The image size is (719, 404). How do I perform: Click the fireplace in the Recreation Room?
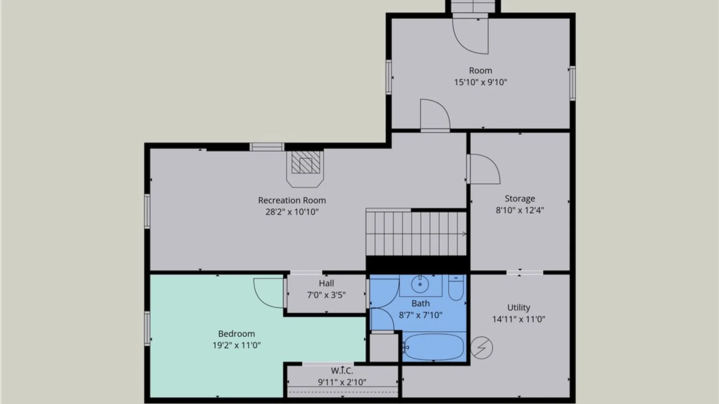tap(305, 168)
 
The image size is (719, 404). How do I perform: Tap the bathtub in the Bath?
tap(434, 347)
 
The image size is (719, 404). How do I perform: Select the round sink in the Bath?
tap(420, 285)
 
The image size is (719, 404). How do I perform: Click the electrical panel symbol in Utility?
tap(482, 348)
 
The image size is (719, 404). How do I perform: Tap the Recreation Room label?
tap(292, 201)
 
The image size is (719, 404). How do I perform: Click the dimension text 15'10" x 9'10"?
tap(480, 82)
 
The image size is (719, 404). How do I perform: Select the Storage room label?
tap(520, 199)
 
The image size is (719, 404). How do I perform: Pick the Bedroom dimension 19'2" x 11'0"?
tap(237, 345)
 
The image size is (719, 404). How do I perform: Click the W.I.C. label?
tap(342, 371)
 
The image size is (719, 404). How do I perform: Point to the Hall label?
tap(327, 283)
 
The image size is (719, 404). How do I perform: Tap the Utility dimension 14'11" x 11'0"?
tap(519, 319)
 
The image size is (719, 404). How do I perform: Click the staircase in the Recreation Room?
tap(416, 234)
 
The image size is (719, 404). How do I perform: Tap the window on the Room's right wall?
tap(573, 83)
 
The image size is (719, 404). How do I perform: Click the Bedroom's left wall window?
tap(147, 328)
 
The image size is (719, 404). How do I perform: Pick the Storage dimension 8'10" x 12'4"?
tap(520, 210)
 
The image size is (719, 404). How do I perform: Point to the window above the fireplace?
tap(267, 147)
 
